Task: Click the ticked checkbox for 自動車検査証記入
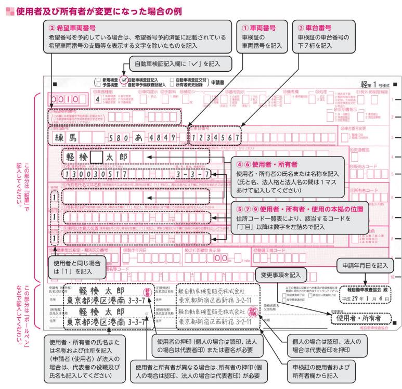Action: [124, 81]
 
